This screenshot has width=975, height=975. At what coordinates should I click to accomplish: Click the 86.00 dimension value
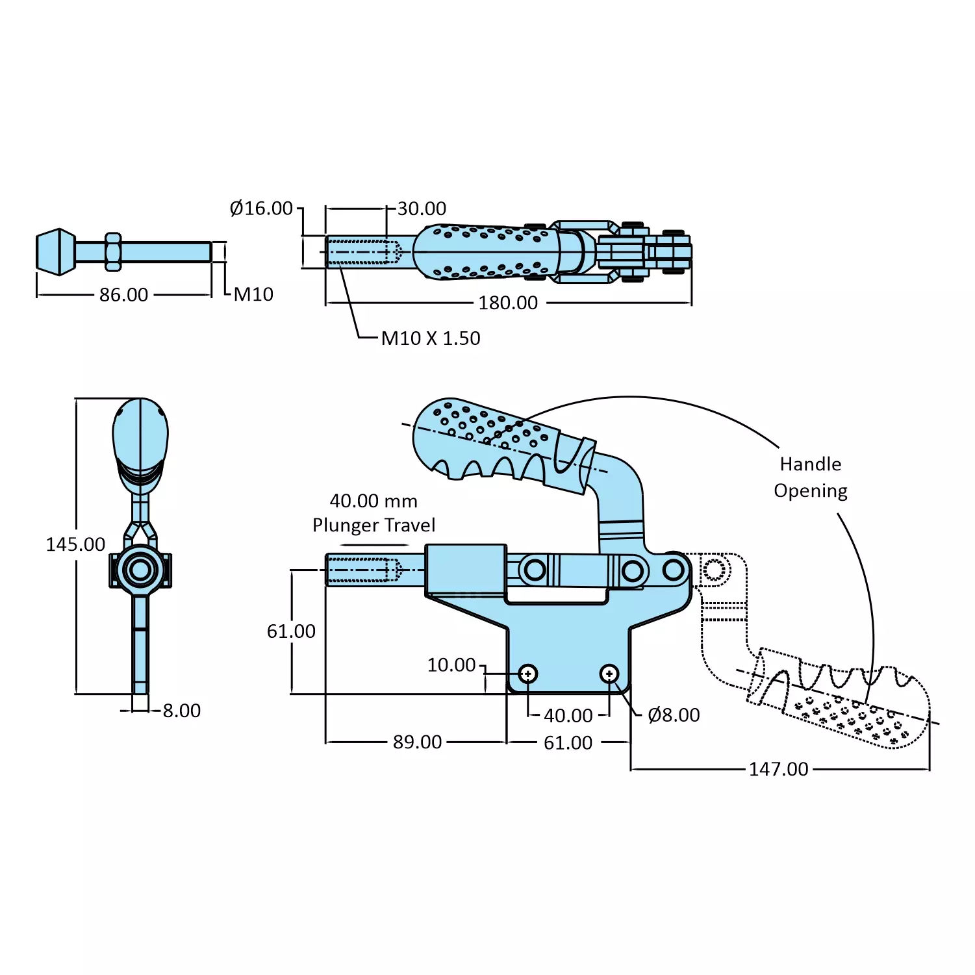click(123, 295)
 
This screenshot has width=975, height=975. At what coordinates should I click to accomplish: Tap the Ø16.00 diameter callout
click(261, 209)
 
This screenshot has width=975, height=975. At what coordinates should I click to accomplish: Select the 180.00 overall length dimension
click(508, 303)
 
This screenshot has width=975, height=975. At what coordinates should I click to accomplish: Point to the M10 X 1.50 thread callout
click(431, 338)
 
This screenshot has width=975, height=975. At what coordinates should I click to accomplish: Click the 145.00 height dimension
click(75, 544)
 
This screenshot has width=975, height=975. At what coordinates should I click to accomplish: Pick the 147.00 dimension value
click(778, 769)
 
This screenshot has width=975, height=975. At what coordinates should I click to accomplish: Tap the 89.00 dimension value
click(417, 742)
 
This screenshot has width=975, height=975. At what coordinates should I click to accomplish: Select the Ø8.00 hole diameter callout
click(674, 715)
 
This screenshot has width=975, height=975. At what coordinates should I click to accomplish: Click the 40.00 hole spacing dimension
click(568, 716)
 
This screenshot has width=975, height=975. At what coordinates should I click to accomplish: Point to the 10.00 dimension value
click(451, 665)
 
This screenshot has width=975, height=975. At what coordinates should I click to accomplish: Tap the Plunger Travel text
click(374, 525)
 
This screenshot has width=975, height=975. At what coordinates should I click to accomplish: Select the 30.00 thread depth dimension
click(422, 209)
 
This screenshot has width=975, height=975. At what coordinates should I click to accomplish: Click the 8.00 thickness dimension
click(181, 711)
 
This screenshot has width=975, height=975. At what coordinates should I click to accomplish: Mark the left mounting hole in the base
click(528, 674)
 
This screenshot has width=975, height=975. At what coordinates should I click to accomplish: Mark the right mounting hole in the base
click(609, 674)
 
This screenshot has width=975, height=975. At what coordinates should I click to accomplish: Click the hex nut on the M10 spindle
click(113, 251)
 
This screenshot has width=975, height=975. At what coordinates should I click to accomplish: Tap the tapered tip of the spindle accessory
click(55, 251)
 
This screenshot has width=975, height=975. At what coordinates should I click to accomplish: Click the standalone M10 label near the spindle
click(253, 295)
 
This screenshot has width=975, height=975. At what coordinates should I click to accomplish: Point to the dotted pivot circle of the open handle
click(713, 570)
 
